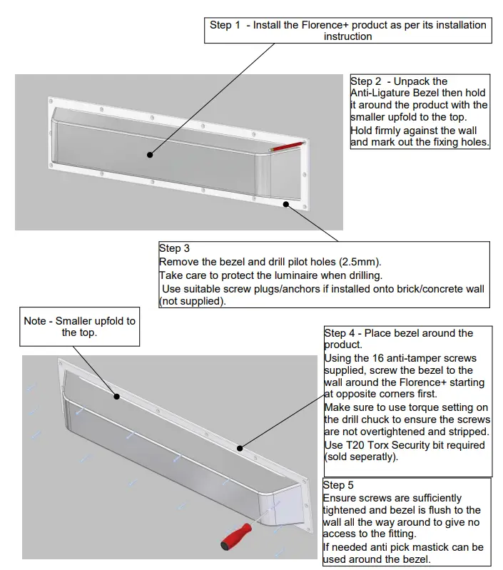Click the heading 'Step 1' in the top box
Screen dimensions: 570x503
point(225,25)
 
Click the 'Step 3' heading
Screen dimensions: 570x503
point(174,248)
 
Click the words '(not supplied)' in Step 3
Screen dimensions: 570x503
point(191,300)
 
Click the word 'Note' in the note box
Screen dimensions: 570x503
point(36,320)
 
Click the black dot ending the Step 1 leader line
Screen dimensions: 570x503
point(150,153)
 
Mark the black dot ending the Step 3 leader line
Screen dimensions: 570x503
point(287,203)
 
